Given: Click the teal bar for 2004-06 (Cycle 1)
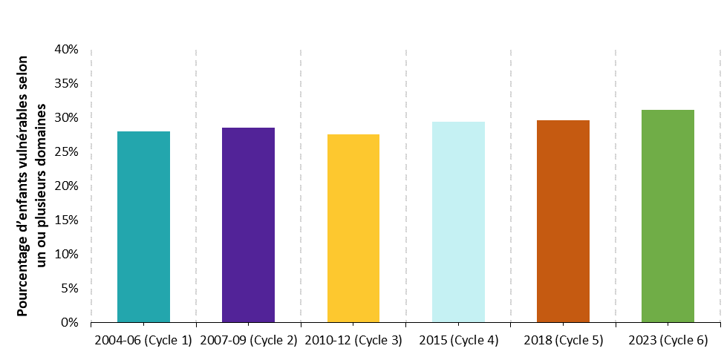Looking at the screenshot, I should point(143,227).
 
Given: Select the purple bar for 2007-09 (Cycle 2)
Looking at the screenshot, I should point(248,225).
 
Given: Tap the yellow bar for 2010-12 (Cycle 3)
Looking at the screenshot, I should point(353,229).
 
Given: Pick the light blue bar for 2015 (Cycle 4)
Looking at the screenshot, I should point(458,222).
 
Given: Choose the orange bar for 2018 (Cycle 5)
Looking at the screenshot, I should point(563,221).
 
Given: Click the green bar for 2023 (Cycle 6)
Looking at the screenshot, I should point(668,216).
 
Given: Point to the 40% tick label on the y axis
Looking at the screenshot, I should point(65,50).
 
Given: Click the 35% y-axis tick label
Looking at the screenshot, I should point(65,84).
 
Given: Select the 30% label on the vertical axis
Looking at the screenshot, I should point(65,118).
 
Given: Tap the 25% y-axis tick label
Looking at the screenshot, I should point(65,152).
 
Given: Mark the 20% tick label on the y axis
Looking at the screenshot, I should point(65,186).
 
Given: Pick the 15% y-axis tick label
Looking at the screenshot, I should point(65,220).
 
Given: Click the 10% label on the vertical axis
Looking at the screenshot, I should point(65,255).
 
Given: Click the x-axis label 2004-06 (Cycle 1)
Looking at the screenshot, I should point(143,341).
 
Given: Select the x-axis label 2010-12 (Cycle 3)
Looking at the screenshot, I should point(353,341).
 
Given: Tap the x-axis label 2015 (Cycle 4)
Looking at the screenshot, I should point(458,341).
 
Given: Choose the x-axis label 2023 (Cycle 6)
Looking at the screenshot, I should point(668,341).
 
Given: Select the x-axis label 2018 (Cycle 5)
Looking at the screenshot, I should point(563,341).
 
